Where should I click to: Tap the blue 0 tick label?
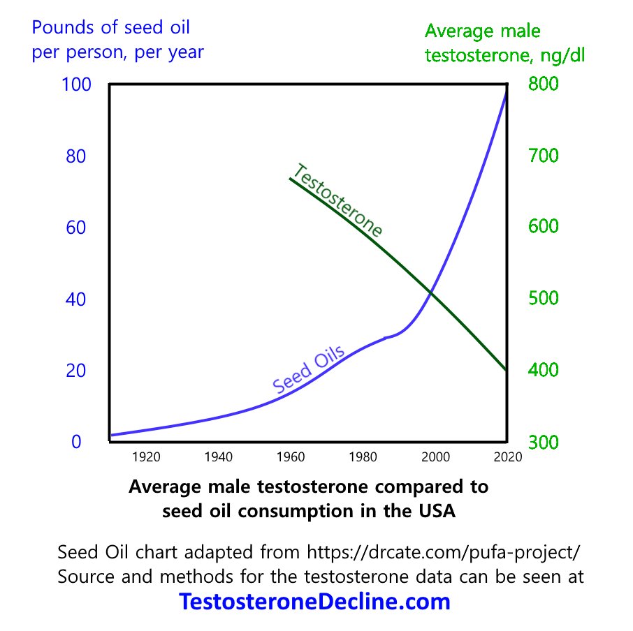76,441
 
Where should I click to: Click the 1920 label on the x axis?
146,457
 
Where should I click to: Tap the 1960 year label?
291,457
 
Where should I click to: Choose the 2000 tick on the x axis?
435,457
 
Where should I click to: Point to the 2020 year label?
505,457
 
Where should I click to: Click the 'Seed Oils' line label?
308,372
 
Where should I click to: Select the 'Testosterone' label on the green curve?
337,201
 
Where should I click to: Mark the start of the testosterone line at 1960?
291,179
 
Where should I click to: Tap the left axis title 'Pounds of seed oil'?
110,29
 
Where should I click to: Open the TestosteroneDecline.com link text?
314,602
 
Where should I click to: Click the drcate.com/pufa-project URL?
444,552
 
